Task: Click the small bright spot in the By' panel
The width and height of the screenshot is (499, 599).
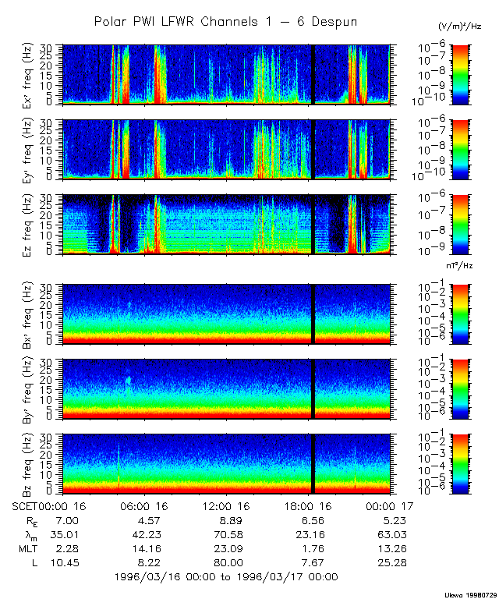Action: (128, 381)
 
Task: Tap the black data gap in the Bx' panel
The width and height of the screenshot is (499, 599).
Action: (313, 313)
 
